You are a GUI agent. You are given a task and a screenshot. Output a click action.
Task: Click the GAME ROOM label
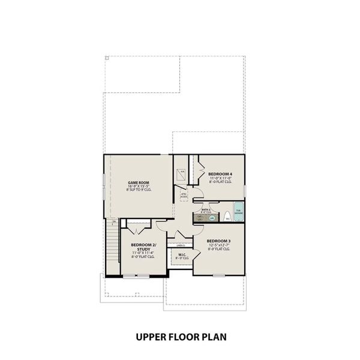tap(139, 182)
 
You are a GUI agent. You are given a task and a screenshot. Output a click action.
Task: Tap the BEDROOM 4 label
tap(220, 173)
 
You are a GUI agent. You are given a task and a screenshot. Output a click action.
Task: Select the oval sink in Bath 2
tap(212, 218)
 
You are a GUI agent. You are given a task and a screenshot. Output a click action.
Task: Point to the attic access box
tap(184, 195)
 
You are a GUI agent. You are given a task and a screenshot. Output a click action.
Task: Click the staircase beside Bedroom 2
tap(112, 246)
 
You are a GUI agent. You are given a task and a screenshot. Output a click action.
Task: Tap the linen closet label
tap(181, 245)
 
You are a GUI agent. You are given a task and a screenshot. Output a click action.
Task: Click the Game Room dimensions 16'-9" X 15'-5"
tap(139, 187)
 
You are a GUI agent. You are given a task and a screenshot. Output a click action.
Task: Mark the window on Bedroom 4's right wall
tap(245, 190)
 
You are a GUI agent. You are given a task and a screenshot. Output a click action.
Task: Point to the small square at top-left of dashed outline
tap(107, 58)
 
